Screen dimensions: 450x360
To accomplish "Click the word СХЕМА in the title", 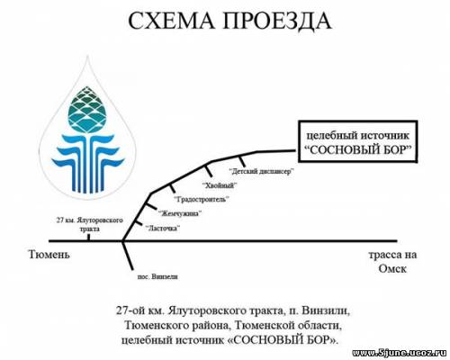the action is point(172,21).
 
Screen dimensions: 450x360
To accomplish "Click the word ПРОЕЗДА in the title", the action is point(277,22).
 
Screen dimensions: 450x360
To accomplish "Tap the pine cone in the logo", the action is point(87,110).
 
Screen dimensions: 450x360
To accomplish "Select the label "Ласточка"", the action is point(163,229).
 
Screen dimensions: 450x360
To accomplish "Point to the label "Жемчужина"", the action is point(180,213).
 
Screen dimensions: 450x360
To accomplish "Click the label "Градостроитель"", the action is point(202,199).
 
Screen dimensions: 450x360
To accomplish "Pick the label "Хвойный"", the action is point(220,185).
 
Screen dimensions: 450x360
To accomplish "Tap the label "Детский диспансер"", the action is point(261,172).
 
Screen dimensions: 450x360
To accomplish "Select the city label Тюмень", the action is point(49,255).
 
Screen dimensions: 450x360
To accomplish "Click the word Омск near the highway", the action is point(392,268).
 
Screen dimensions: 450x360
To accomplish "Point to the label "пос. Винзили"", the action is point(157,276).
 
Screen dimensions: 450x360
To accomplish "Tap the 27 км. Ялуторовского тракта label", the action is point(90,224).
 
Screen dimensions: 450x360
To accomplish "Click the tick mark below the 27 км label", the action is point(88,237).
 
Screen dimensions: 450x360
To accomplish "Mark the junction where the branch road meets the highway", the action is point(123,240).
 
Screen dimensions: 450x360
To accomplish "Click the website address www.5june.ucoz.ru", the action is point(400,353).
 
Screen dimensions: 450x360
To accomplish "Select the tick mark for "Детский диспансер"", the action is point(242,161).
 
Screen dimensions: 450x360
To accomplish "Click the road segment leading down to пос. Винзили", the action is point(128,255).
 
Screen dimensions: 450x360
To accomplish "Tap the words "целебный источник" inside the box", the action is point(357,136).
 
